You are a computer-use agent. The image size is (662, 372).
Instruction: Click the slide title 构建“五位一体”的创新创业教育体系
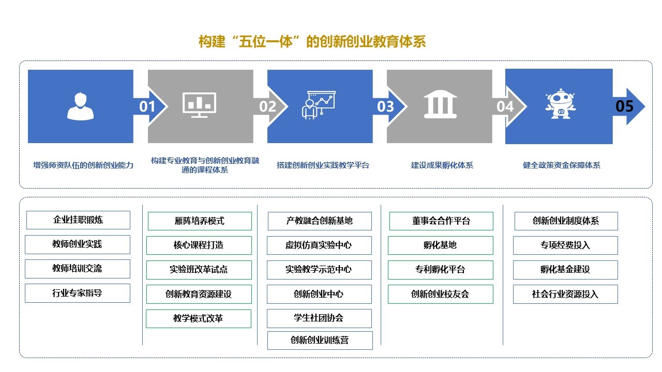coord(312,42)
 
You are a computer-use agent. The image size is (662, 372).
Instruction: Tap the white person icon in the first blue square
coord(81,106)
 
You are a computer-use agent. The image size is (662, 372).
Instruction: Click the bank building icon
coord(440,105)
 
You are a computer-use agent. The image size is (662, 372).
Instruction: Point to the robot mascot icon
coord(561,104)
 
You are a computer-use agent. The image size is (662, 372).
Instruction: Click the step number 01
coord(147,106)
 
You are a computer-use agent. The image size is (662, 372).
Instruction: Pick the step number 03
coord(386,106)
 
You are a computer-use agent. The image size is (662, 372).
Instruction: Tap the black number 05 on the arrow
coord(624,106)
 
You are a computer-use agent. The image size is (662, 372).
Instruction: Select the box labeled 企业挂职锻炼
coord(78,220)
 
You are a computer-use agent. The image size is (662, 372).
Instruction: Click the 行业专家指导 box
coord(77,293)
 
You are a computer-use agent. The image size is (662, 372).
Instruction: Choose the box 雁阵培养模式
coord(200,221)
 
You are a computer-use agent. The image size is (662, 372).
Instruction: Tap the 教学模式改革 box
coord(198,319)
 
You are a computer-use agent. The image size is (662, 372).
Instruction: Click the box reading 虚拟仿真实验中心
coord(319,245)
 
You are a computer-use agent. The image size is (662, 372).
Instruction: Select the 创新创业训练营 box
coord(320,340)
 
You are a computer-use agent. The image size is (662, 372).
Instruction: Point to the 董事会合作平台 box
coord(441,221)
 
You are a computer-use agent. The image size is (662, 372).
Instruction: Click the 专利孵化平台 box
coord(440,270)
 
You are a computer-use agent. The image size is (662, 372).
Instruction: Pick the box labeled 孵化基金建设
coord(565,270)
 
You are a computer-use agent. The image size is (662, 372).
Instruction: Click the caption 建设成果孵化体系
coord(442,165)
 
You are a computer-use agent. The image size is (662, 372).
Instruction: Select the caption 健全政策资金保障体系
coord(562,165)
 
